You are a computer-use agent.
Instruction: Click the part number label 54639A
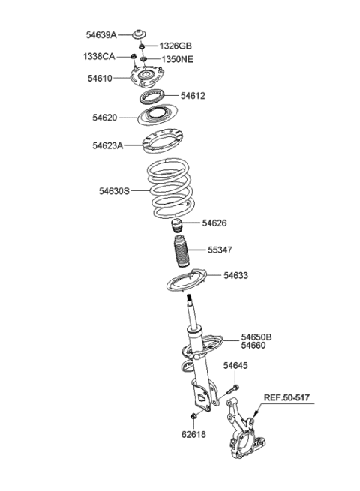pyautogui.click(x=101, y=35)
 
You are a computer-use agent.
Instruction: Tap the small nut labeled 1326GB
pyautogui.click(x=142, y=46)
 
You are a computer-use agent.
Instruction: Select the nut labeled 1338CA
pyautogui.click(x=133, y=57)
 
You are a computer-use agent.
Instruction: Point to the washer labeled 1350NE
pyautogui.click(x=144, y=59)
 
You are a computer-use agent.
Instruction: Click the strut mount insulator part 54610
pyautogui.click(x=147, y=77)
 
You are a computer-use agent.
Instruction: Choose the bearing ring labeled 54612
pyautogui.click(x=152, y=97)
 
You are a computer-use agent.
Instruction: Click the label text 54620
pyautogui.click(x=105, y=118)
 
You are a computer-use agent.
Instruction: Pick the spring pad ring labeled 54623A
pyautogui.click(x=163, y=142)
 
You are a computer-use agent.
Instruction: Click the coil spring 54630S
pyautogui.click(x=171, y=188)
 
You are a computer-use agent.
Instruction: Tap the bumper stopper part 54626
pyautogui.click(x=177, y=226)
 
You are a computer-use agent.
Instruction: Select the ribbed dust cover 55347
pyautogui.click(x=181, y=251)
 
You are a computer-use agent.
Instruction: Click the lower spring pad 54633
pyautogui.click(x=186, y=281)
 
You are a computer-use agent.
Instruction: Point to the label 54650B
pyautogui.click(x=256, y=337)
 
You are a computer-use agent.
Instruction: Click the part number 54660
pyautogui.click(x=253, y=346)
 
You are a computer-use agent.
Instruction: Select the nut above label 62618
pyautogui.click(x=193, y=416)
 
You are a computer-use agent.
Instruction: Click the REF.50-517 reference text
pyautogui.click(x=286, y=398)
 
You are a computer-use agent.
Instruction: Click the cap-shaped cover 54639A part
pyautogui.click(x=139, y=34)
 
